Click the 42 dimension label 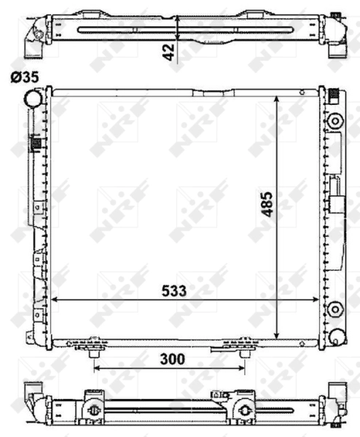[169, 52]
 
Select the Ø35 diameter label [25, 76]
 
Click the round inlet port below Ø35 [32, 98]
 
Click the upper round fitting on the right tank [334, 120]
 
